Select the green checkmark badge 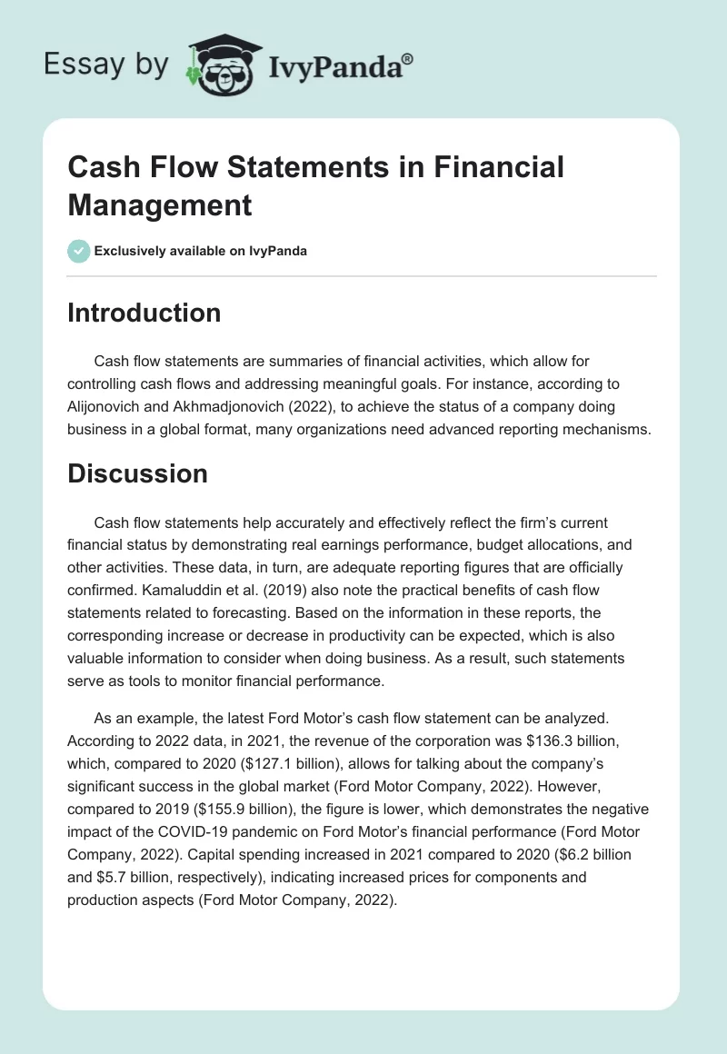coord(79,251)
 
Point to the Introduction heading coord(144,313)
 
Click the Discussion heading coord(137,473)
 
